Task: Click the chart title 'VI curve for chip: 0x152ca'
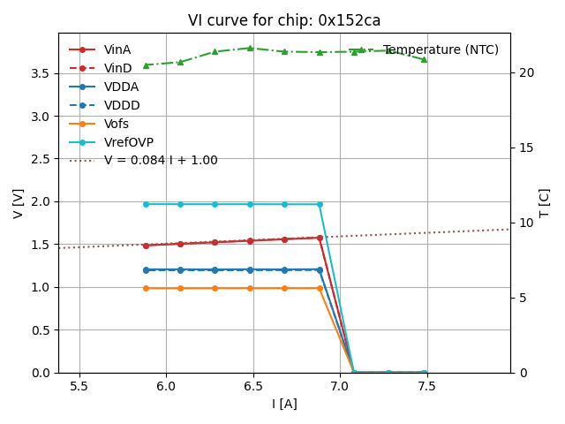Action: click(284, 20)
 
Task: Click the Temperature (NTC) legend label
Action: click(441, 49)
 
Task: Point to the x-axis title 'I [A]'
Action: click(284, 404)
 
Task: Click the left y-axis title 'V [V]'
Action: click(19, 203)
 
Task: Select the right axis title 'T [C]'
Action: click(545, 203)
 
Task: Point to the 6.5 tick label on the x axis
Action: click(253, 387)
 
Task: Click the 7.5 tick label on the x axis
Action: click(427, 387)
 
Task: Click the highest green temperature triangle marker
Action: click(250, 48)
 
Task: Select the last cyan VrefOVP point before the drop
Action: click(320, 204)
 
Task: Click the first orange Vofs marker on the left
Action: click(146, 288)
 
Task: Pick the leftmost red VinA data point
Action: click(146, 246)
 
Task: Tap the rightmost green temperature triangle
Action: click(424, 59)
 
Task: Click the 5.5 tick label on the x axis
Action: click(79, 387)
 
